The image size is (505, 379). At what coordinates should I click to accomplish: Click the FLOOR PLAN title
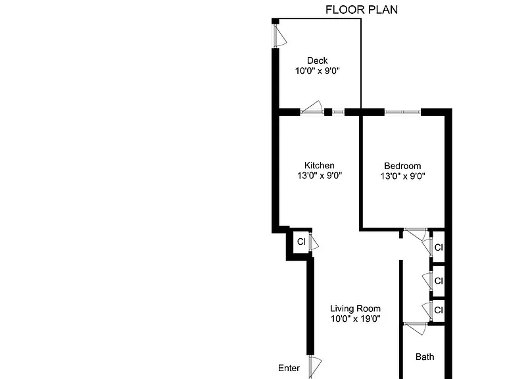click(362, 10)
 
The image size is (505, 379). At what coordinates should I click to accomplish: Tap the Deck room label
click(317, 61)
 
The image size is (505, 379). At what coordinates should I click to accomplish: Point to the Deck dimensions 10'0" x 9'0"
click(317, 70)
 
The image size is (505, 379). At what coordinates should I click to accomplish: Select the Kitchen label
click(319, 165)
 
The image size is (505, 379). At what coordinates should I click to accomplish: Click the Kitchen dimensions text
click(319, 175)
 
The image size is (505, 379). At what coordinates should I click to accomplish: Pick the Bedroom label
click(402, 166)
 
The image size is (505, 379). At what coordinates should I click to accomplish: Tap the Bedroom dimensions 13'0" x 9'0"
click(402, 176)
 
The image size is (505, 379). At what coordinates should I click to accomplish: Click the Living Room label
click(355, 309)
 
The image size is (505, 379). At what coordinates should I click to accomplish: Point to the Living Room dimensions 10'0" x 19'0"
click(355, 318)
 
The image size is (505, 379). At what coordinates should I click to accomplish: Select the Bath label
click(425, 357)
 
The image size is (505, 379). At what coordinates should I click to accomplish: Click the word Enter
click(289, 368)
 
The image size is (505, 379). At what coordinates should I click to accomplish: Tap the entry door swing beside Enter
click(315, 367)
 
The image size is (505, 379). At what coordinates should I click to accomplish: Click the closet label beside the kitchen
click(301, 241)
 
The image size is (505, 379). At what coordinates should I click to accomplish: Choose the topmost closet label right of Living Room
click(439, 247)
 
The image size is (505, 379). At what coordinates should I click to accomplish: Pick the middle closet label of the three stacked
click(439, 281)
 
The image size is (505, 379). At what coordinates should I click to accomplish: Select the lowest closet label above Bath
click(439, 310)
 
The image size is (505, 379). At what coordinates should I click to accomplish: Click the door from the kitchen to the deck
click(312, 107)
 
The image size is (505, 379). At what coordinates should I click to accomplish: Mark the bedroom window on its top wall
click(402, 112)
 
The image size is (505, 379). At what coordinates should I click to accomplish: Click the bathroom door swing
click(416, 328)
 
